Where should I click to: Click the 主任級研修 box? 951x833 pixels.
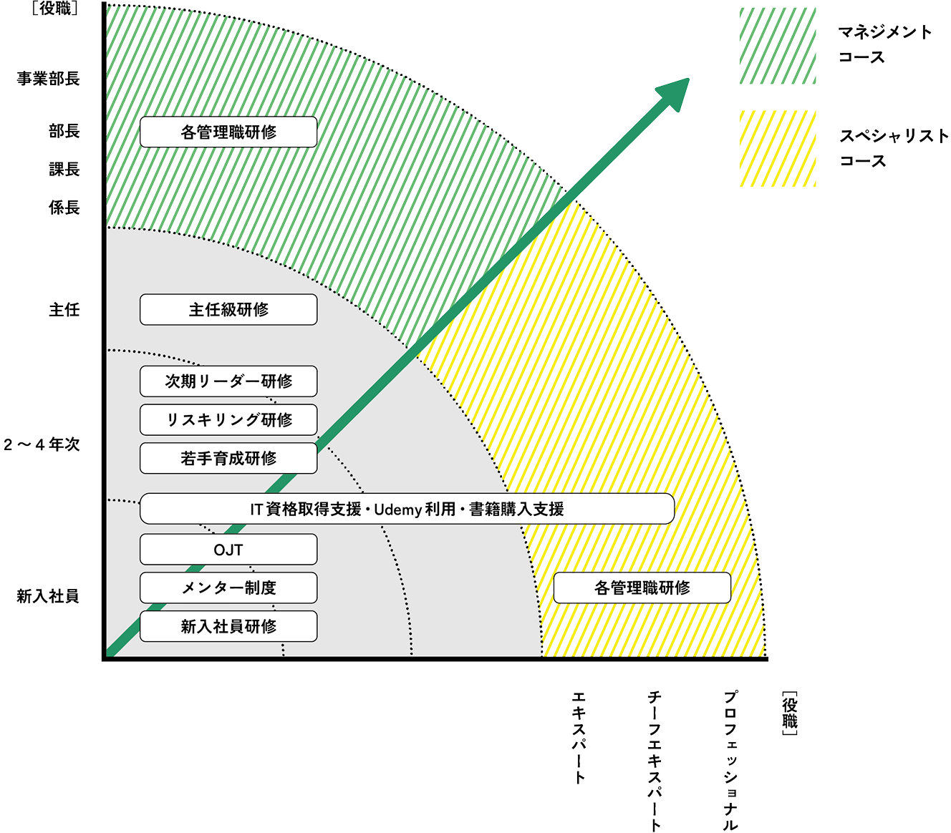[228, 310]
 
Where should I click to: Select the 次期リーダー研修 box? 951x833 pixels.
[228, 381]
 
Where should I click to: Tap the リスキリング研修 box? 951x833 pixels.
[228, 420]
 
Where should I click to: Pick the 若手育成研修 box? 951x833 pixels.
[228, 459]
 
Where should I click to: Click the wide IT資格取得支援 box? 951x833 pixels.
[407, 509]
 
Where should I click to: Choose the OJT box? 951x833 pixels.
[228, 550]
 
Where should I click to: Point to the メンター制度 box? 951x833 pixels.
[228, 588]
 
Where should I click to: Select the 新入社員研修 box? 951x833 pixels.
[228, 626]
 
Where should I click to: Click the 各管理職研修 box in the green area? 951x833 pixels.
[228, 132]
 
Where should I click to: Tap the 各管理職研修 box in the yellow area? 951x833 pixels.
[642, 588]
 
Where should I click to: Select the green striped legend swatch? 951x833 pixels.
[778, 46]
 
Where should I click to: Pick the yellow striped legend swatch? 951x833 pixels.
[778, 149]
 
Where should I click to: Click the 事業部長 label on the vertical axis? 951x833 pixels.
[49, 79]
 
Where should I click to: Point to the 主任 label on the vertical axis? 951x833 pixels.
[64, 310]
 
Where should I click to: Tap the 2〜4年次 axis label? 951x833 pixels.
[42, 444]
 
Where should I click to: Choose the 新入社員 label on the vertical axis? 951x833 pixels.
[49, 595]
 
